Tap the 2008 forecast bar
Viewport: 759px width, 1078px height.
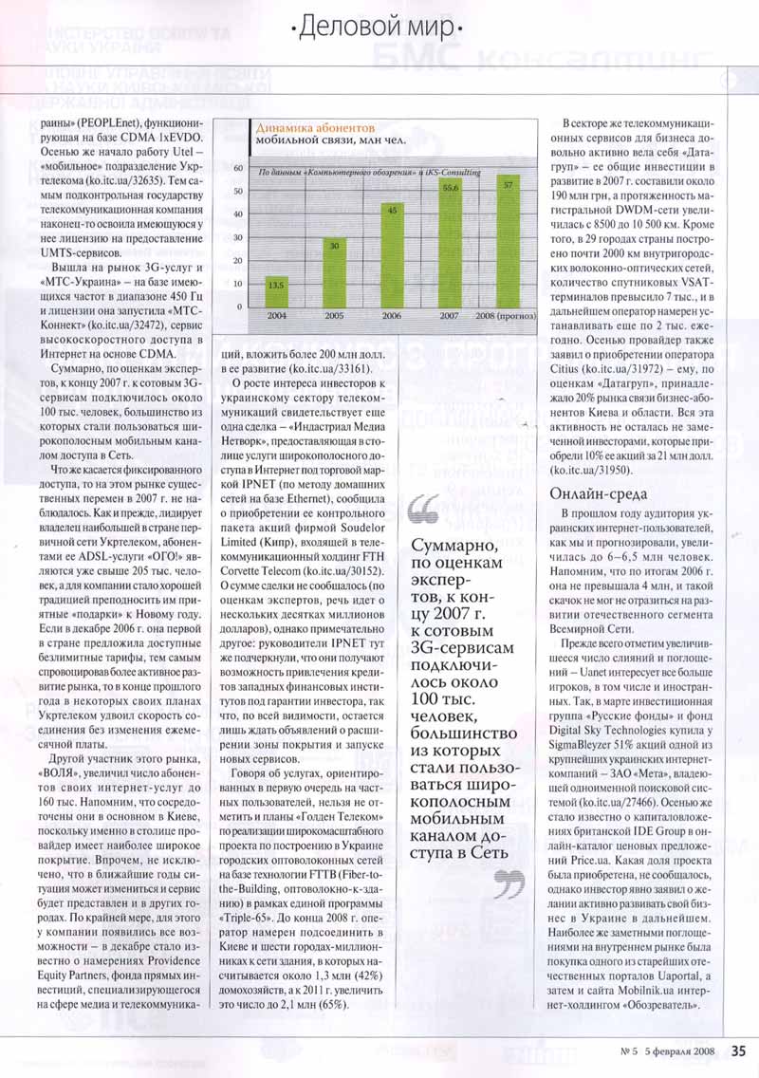[509, 240]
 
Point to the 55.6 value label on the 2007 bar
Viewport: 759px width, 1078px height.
[451, 188]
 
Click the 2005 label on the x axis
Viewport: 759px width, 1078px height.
[334, 314]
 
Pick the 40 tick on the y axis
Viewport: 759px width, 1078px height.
[238, 214]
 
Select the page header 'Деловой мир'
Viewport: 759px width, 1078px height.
[379, 27]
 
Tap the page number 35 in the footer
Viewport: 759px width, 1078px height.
[739, 1050]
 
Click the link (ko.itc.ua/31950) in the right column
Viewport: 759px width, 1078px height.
[595, 469]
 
